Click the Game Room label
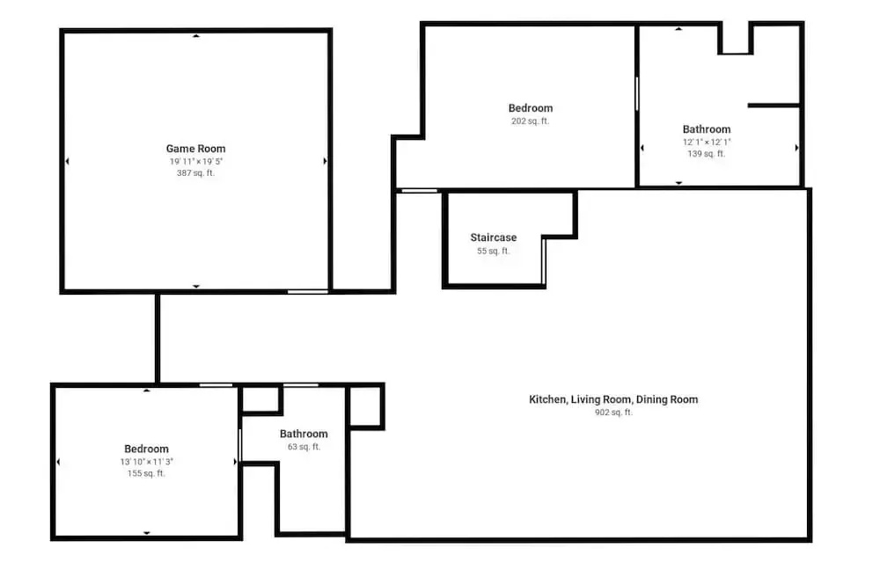(196, 149)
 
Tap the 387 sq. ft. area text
(196, 172)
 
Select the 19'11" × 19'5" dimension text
(196, 161)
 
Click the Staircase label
(494, 237)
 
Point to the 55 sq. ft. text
(494, 251)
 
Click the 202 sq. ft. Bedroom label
(531, 107)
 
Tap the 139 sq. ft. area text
(707, 153)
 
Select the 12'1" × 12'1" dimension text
(707, 142)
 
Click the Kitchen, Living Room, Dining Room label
(613, 399)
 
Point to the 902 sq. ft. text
(613, 412)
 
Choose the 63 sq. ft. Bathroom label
(304, 434)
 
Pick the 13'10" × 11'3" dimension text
(146, 462)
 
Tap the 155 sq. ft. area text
(146, 473)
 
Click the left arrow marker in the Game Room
(68, 161)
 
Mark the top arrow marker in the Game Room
(196, 36)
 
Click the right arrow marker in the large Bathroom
(796, 148)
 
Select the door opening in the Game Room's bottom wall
(307, 292)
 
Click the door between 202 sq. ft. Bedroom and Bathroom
(637, 94)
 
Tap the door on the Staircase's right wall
(543, 261)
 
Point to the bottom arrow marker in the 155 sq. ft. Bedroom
(146, 533)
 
